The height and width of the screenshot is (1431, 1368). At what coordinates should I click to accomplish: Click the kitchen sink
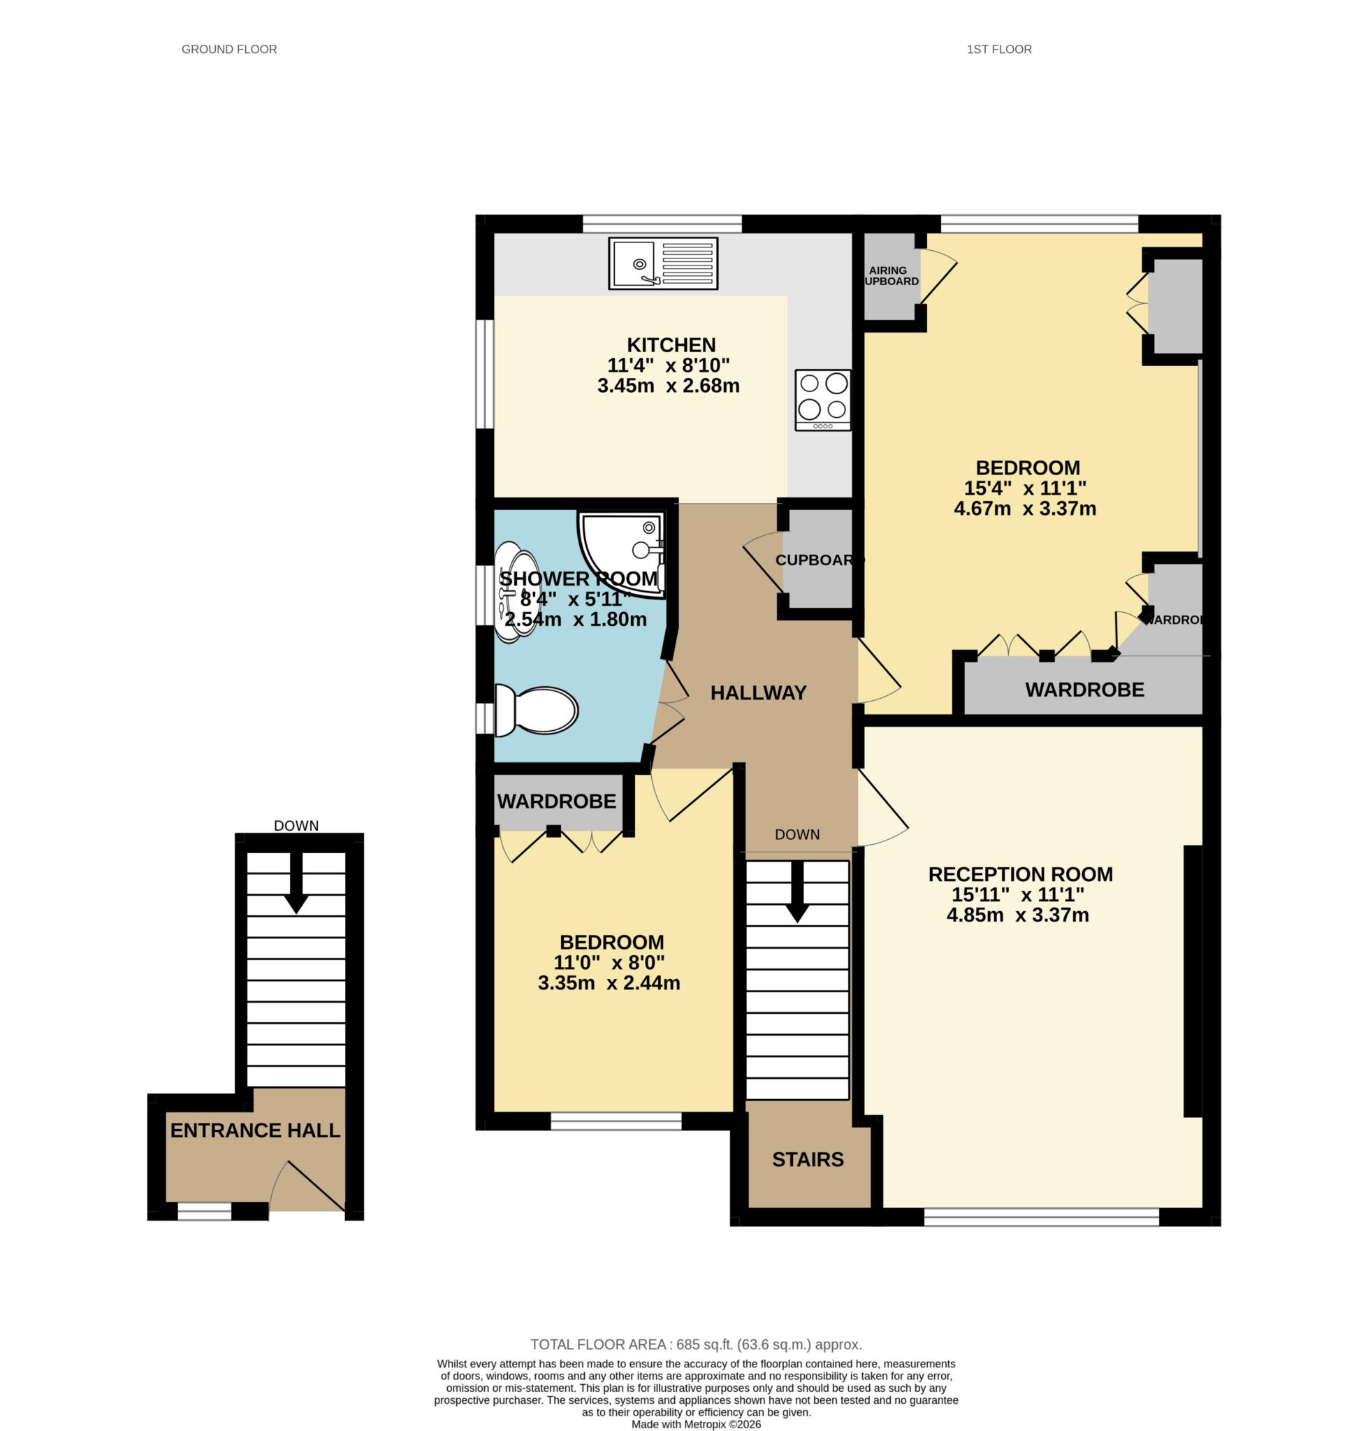(663, 263)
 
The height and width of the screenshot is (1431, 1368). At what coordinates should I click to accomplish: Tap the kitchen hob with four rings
(823, 400)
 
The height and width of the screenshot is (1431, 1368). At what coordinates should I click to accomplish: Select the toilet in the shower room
(537, 710)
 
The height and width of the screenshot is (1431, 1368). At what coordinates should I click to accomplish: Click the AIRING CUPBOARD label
(891, 276)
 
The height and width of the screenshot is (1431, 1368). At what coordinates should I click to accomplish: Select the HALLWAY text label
(758, 693)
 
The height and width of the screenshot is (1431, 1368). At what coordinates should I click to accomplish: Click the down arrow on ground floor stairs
(296, 882)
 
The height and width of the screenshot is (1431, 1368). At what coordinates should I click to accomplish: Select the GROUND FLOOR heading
(229, 50)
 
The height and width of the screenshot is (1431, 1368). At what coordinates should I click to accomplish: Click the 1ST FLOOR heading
(999, 50)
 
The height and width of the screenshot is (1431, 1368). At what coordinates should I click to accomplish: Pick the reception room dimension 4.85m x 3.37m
(1018, 915)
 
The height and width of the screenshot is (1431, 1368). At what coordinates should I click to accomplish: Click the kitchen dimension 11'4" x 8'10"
(668, 365)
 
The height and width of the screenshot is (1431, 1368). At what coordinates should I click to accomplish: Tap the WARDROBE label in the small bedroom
(556, 801)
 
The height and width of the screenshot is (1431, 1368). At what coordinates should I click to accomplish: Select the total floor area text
(696, 1344)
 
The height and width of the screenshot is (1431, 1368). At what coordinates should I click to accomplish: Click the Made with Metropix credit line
(696, 1424)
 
